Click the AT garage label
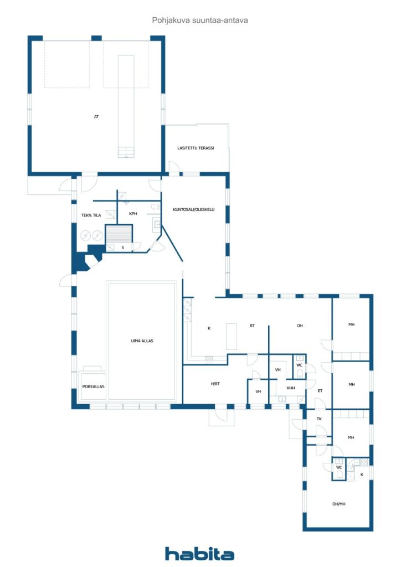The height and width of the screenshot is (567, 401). click(96, 116)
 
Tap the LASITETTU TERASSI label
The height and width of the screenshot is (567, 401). click(196, 148)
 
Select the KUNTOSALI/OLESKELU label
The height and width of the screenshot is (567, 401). click(194, 209)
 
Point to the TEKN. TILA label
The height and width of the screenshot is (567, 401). click(91, 215)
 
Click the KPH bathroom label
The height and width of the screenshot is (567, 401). click(133, 214)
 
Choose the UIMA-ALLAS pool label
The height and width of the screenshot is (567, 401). click(142, 341)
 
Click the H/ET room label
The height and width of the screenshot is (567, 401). click(215, 384)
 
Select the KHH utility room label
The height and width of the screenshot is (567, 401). click(291, 388)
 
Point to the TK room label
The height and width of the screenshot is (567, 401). click(319, 419)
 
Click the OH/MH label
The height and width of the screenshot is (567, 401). click(339, 504)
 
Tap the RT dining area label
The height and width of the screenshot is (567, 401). click(252, 326)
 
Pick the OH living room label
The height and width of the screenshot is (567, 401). click(300, 326)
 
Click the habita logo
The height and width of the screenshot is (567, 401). click(199, 554)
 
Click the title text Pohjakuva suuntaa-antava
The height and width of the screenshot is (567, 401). click(200, 20)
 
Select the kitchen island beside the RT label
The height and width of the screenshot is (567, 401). click(232, 336)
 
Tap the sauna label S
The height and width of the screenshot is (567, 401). click(122, 248)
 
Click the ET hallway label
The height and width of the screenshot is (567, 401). click(320, 391)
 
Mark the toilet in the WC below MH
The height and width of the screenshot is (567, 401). click(339, 475)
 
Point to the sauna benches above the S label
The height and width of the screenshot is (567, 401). click(119, 234)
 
